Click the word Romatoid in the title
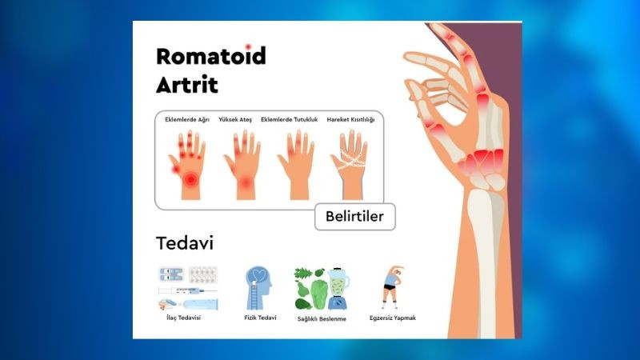point(211,56)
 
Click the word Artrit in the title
point(187,85)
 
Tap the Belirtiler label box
point(354,216)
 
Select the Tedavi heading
point(185,243)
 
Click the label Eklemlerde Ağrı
point(187,119)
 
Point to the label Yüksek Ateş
point(235,119)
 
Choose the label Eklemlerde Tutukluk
point(289,119)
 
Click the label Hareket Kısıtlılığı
point(350,119)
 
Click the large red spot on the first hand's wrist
point(190,179)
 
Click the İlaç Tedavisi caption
point(184,318)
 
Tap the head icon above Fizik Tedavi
point(258,288)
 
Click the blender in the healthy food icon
point(338,288)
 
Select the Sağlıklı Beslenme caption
point(322,318)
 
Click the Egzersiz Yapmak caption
point(393,318)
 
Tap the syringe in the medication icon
point(187,291)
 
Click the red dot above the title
point(248,47)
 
